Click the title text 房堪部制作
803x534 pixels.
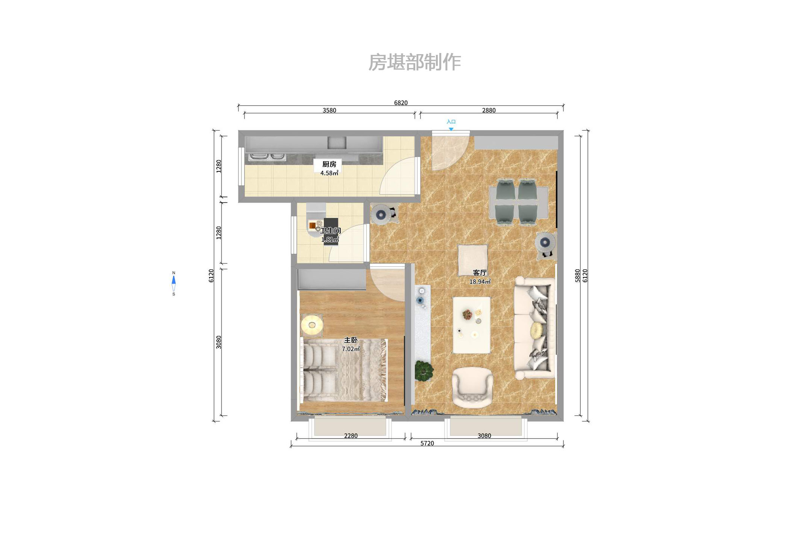coord(414,62)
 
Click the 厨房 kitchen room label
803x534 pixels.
coord(329,164)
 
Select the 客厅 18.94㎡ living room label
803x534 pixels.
coord(480,277)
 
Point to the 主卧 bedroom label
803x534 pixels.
coord(351,340)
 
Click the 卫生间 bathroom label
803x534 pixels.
coord(330,231)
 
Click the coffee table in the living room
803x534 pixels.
coord(471,325)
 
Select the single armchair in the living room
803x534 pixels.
coord(472,387)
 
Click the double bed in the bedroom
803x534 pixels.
coord(344,370)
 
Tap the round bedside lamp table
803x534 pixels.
coord(312,324)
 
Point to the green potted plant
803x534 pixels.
coord(424,370)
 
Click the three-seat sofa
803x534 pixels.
coord(534,327)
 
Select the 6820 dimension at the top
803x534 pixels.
coord(401,103)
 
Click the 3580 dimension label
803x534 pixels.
coord(329,110)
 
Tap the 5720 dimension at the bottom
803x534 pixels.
coord(427,443)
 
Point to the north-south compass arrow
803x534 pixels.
coord(173,283)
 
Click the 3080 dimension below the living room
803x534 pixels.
coord(484,436)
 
